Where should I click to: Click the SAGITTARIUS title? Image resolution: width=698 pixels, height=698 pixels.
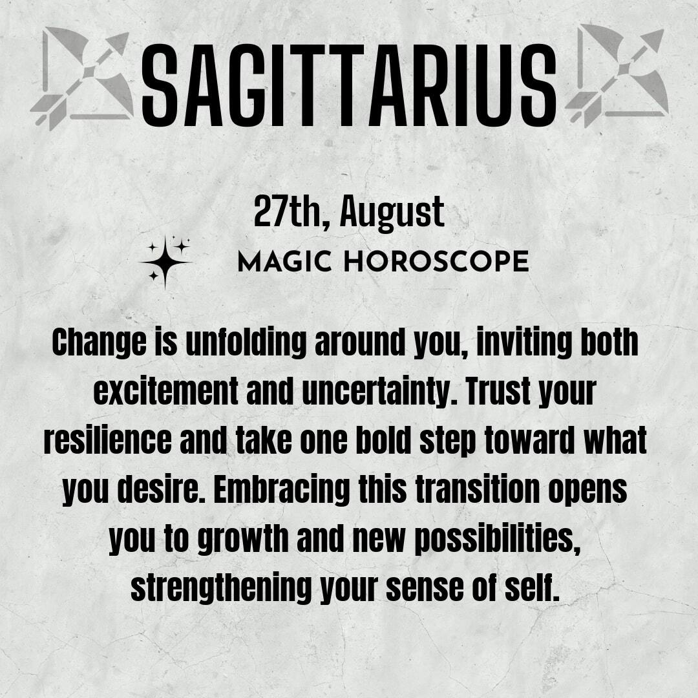click(x=349, y=85)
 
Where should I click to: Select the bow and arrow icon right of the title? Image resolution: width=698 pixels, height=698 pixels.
click(x=617, y=75)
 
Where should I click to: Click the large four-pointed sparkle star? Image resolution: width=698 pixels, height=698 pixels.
click(x=165, y=262)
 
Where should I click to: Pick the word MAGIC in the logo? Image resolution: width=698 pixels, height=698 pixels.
click(x=285, y=261)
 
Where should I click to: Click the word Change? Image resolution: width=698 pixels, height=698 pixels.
click(x=99, y=343)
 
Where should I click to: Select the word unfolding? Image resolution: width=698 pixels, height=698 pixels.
click(x=246, y=342)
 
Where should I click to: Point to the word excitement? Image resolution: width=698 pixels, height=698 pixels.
click(x=165, y=392)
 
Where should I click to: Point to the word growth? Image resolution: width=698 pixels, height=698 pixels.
click(x=243, y=538)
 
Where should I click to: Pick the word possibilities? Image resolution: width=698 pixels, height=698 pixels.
click(x=498, y=538)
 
